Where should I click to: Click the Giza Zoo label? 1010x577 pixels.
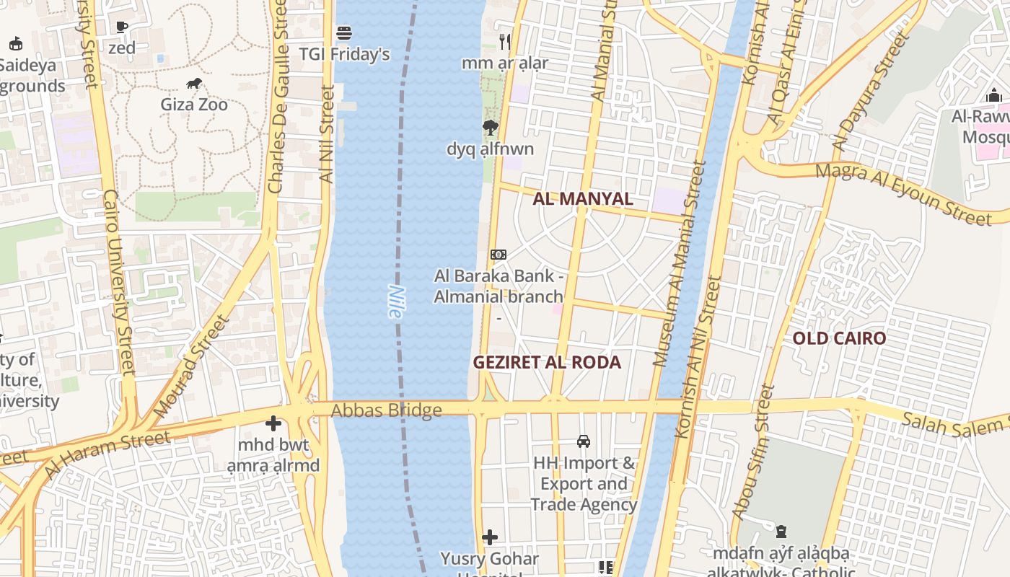click(193, 105)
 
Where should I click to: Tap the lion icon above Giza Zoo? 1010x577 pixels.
click(193, 84)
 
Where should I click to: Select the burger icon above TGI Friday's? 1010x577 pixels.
click(344, 33)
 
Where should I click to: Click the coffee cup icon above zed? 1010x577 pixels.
click(122, 27)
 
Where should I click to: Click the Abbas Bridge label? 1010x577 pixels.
click(386, 411)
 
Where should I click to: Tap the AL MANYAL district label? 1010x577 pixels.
click(582, 199)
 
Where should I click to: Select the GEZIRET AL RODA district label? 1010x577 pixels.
click(547, 362)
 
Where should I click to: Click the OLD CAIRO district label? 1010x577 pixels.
click(839, 338)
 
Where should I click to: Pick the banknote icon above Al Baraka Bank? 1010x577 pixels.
click(499, 255)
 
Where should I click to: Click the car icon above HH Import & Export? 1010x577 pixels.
click(584, 441)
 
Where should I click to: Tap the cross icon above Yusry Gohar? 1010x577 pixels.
click(490, 537)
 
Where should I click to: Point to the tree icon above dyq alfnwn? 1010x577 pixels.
click(491, 128)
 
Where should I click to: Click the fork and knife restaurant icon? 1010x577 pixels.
click(505, 42)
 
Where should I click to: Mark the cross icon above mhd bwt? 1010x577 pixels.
click(273, 424)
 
